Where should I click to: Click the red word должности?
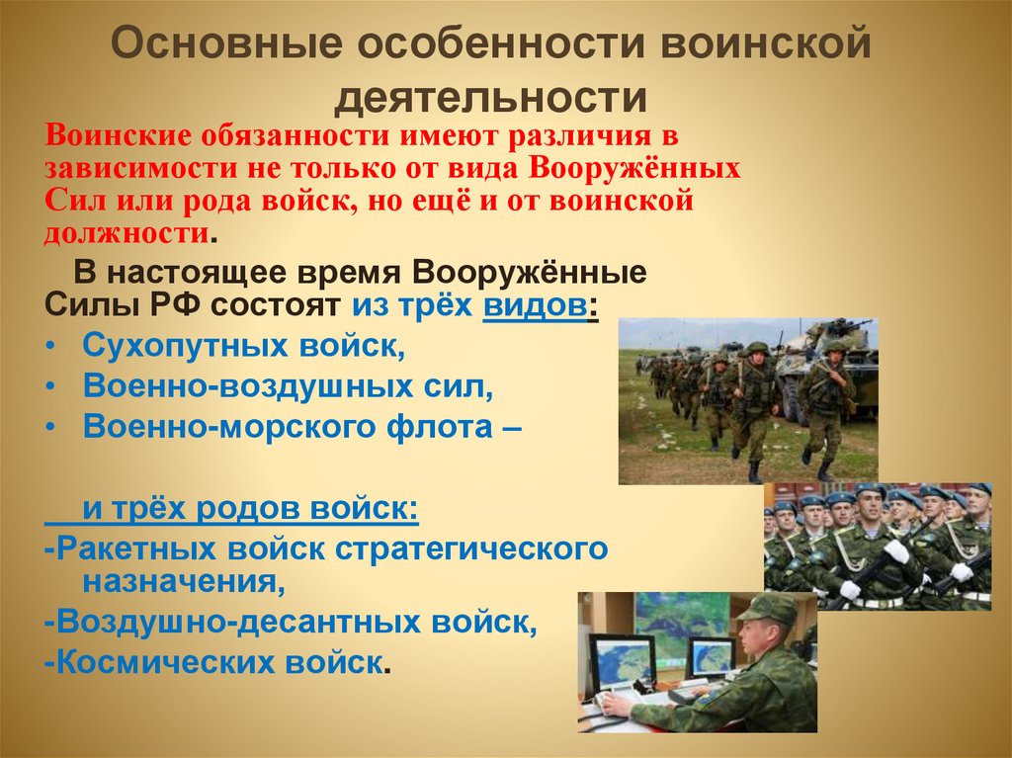(126, 233)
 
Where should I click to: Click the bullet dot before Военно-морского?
(51, 427)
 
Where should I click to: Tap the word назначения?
(184, 582)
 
